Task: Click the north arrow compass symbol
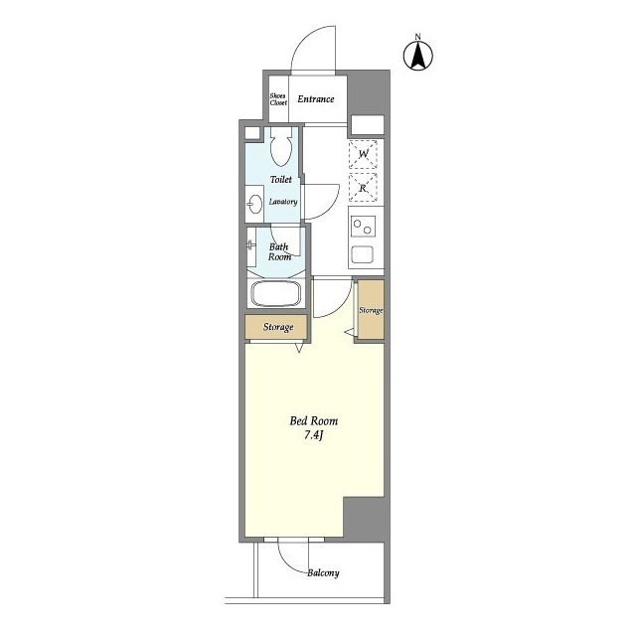[417, 56]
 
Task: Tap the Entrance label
[316, 99]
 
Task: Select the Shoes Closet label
[278, 99]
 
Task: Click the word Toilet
[280, 179]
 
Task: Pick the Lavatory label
[283, 202]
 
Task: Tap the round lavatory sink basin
[254, 204]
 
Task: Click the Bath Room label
[279, 251]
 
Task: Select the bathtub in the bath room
[276, 293]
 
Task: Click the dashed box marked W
[363, 154]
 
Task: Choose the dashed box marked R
[363, 188]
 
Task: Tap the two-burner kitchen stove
[363, 227]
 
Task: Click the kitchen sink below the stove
[362, 254]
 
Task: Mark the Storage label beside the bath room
[278, 327]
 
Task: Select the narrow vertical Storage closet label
[371, 310]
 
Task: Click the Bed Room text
[314, 421]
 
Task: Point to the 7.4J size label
[313, 435]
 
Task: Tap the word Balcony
[323, 573]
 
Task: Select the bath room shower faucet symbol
[251, 244]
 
